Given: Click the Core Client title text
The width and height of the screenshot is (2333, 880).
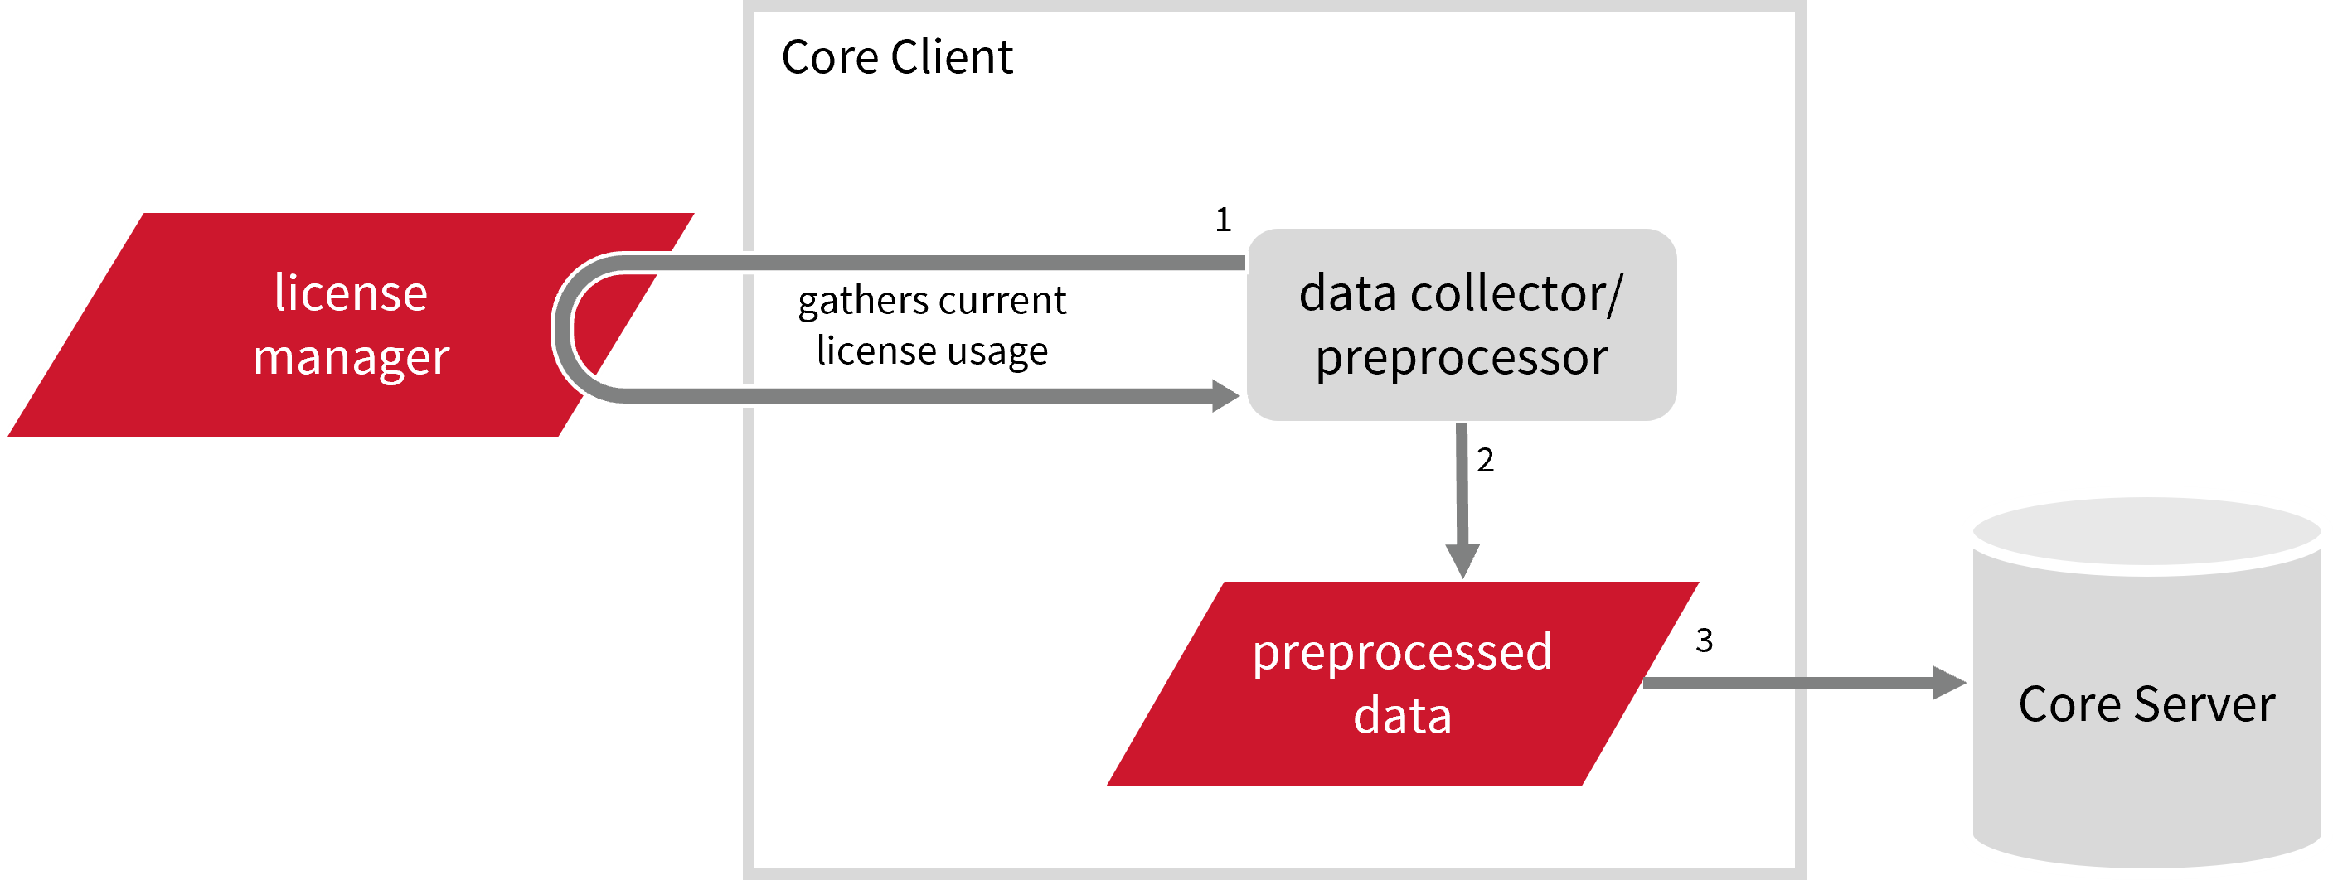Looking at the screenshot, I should (895, 58).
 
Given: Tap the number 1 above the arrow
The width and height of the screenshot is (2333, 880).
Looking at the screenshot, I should (1223, 220).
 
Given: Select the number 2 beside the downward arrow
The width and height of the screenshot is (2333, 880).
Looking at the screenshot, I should (1486, 461).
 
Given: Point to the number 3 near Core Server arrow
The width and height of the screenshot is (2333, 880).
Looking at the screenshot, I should (1704, 641).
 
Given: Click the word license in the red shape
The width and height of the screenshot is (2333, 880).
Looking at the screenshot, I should (351, 293).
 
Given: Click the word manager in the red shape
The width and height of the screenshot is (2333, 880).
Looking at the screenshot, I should (351, 359).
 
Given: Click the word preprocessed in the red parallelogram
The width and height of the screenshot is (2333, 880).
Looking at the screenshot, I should (1402, 654).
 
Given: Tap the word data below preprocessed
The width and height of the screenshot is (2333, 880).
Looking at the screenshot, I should (1402, 716).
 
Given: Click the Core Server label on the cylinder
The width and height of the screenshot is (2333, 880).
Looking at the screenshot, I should (2146, 704).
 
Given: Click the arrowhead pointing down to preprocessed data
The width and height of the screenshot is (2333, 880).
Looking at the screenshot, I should (1462, 559).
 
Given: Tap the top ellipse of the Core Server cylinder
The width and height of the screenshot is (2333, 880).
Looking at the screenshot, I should (2146, 534).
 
